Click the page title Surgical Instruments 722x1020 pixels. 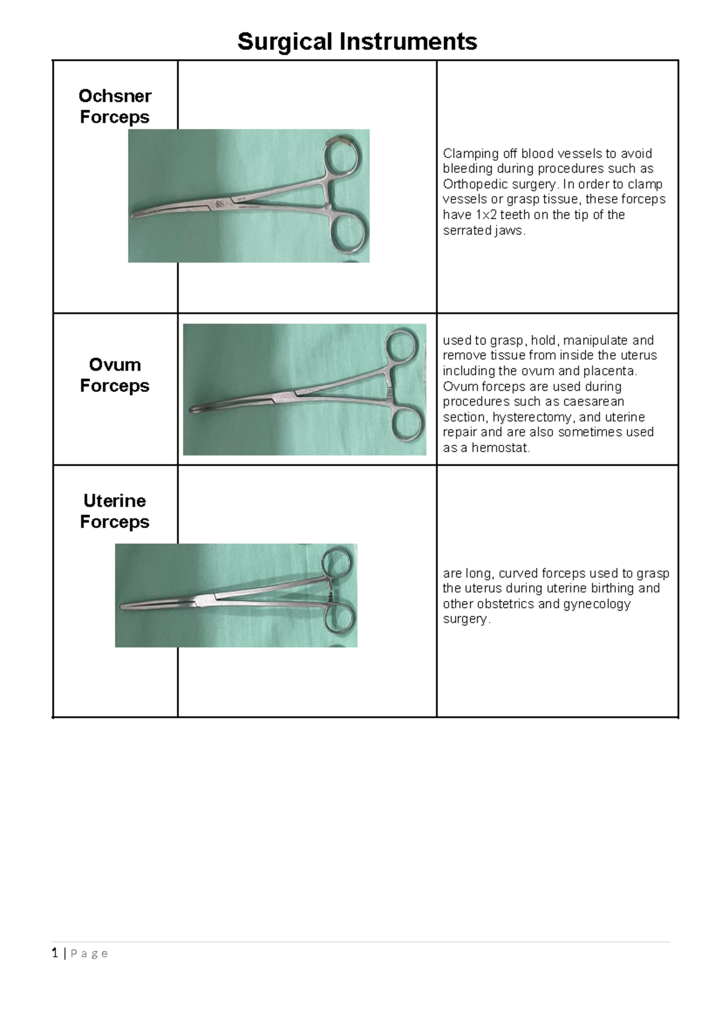357,42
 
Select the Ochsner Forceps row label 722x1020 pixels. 114,106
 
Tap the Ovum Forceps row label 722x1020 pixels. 114,375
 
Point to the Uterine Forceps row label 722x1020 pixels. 114,511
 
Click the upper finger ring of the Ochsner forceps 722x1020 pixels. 342,155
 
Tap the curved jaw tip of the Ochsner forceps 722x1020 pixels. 135,216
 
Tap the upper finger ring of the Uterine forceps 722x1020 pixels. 336,564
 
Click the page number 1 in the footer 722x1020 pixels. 55,953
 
